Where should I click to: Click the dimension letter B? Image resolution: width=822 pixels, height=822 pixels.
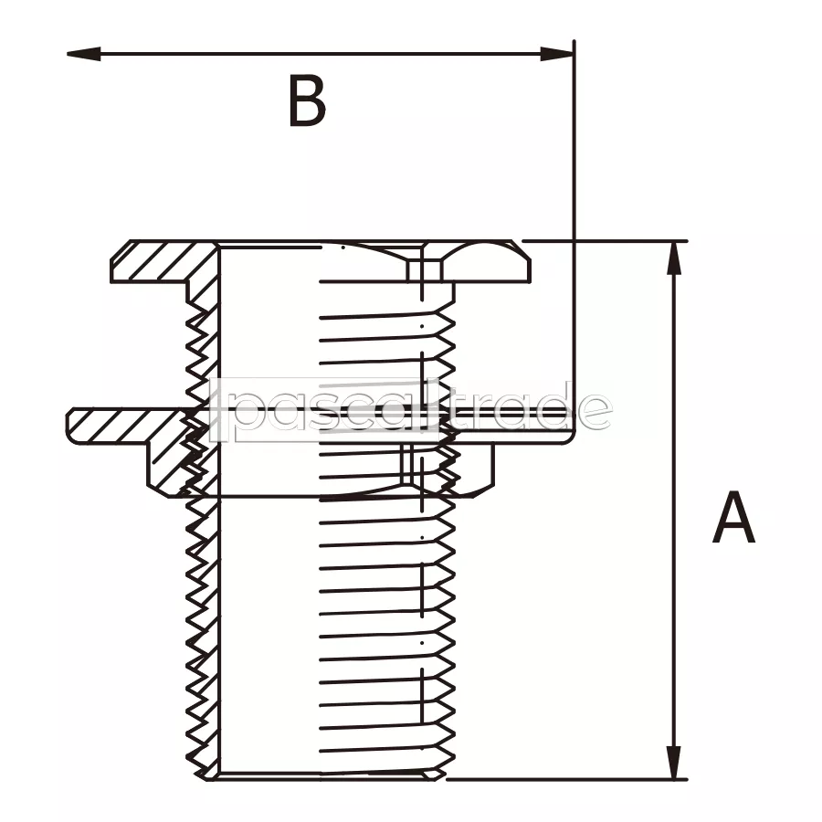tap(307, 101)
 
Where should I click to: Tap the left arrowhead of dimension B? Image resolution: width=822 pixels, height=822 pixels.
tap(84, 54)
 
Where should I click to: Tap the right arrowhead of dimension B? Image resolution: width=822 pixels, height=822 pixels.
tap(557, 54)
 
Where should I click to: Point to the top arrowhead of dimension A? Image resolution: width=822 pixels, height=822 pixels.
tap(674, 258)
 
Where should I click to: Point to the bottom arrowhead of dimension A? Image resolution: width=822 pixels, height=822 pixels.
tap(674, 763)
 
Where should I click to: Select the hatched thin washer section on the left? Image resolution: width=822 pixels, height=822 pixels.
tap(126, 425)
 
